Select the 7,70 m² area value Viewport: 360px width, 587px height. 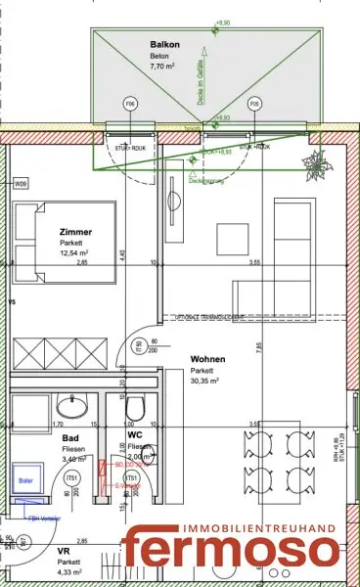point(163,69)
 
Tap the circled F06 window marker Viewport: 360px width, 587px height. point(128,103)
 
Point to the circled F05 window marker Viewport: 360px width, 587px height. point(254,103)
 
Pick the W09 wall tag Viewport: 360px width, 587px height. point(21,184)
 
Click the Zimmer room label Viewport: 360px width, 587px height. point(75,232)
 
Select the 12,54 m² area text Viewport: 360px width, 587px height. point(76,253)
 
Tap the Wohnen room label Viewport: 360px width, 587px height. point(210,359)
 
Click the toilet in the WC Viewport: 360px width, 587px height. point(138,408)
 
